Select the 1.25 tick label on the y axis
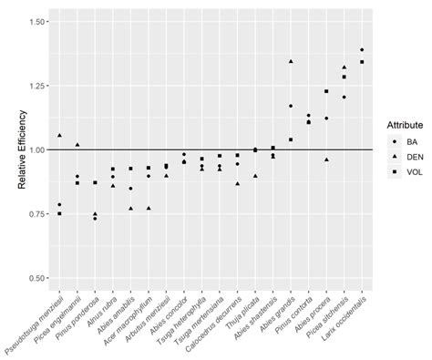tap(36, 86)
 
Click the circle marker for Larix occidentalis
tap(362, 50)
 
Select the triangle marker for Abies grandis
tap(291, 61)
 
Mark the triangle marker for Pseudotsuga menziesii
tap(59, 135)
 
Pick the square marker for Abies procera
tap(326, 91)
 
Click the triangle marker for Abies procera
tap(326, 159)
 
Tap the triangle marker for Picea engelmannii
tap(77, 145)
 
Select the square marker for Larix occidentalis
tap(362, 62)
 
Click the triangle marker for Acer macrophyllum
tap(149, 208)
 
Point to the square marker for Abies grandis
tap(291, 139)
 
